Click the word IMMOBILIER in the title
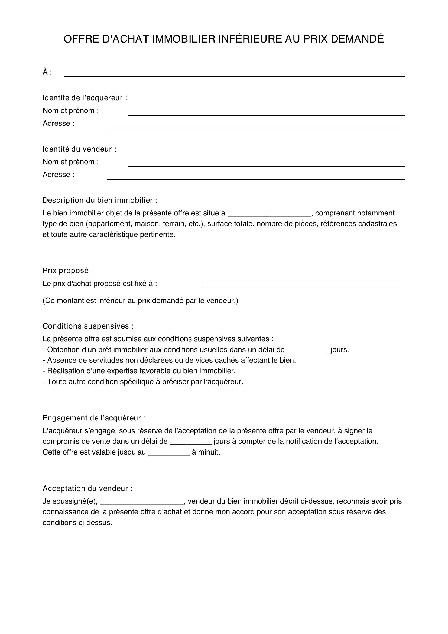(x=184, y=39)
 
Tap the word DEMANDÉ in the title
(x=357, y=39)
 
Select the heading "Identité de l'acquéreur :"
(x=85, y=98)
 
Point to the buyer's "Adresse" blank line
(x=256, y=127)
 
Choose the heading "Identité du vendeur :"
(x=79, y=149)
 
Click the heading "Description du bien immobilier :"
(x=100, y=201)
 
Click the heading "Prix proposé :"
(x=68, y=271)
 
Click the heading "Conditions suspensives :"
(x=88, y=326)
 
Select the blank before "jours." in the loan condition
(x=308, y=351)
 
